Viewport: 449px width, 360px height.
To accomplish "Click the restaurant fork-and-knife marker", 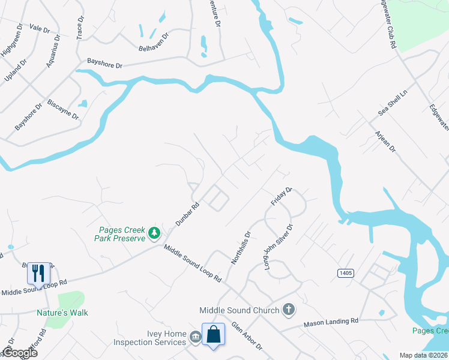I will tap(38, 273).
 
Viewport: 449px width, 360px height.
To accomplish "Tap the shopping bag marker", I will tap(214, 334).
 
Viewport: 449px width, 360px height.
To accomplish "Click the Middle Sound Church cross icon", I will tap(289, 310).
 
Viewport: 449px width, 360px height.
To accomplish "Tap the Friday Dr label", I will tap(281, 197).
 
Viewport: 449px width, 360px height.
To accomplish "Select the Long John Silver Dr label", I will tap(278, 247).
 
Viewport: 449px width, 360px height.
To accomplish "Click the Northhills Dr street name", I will tap(241, 247).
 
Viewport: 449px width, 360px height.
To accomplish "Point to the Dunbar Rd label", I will tap(187, 213).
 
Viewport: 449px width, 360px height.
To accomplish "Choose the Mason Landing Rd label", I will tap(331, 322).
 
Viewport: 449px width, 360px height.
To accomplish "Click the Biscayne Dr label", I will tap(63, 109).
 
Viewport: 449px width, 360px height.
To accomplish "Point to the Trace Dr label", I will tap(80, 28).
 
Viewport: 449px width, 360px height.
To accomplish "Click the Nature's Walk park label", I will tap(62, 313).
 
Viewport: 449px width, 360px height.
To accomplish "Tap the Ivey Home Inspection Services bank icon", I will tap(196, 338).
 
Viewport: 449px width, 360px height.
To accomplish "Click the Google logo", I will tap(20, 353).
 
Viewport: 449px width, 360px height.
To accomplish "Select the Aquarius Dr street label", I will tap(55, 46).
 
